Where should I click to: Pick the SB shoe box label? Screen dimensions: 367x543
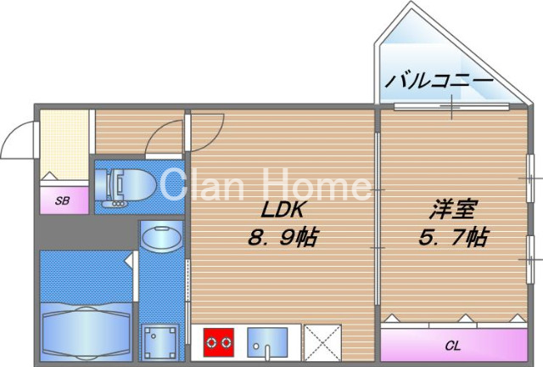62,201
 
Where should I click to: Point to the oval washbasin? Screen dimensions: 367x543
160,237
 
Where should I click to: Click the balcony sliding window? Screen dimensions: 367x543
452,105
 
